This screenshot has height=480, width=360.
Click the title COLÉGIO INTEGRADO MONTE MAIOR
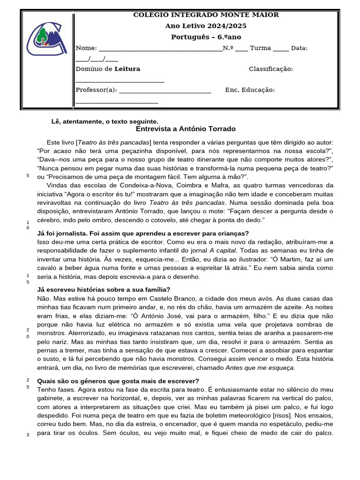(x=206, y=15)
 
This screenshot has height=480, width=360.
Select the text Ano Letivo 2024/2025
(x=206, y=26)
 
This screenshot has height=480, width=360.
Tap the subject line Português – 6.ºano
(x=206, y=37)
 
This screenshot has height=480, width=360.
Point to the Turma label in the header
(x=260, y=48)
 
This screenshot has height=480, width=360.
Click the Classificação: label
(x=270, y=69)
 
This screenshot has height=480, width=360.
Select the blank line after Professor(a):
(x=165, y=90)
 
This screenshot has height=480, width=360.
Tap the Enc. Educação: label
(x=250, y=90)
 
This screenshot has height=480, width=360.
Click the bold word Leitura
(x=127, y=69)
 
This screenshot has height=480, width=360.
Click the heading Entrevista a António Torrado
(x=186, y=129)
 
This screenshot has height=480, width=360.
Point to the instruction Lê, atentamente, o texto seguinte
(x=105, y=121)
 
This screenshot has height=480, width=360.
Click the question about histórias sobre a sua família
(x=103, y=289)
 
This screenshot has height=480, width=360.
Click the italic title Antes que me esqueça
(x=260, y=368)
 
